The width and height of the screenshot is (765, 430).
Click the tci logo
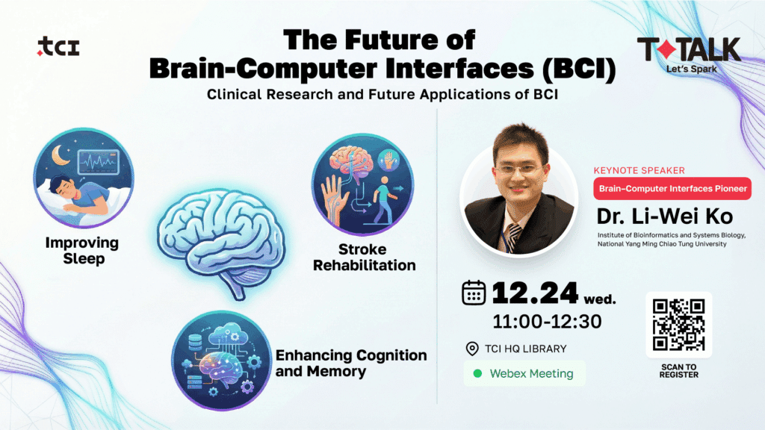tap(58, 48)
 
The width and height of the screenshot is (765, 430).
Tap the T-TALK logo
tap(688, 49)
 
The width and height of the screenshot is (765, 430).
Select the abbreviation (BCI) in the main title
tap(579, 69)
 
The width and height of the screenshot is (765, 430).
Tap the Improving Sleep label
tap(81, 251)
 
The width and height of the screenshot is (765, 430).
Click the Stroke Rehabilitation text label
tap(364, 258)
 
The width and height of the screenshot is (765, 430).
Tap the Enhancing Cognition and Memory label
tap(351, 363)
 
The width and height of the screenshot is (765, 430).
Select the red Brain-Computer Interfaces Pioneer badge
tap(672, 189)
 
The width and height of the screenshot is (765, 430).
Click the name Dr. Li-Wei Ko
tap(664, 216)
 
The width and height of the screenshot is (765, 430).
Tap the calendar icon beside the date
tap(474, 292)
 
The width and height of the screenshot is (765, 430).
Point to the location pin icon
tap(471, 349)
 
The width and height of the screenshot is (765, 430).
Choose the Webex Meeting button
tap(524, 373)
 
